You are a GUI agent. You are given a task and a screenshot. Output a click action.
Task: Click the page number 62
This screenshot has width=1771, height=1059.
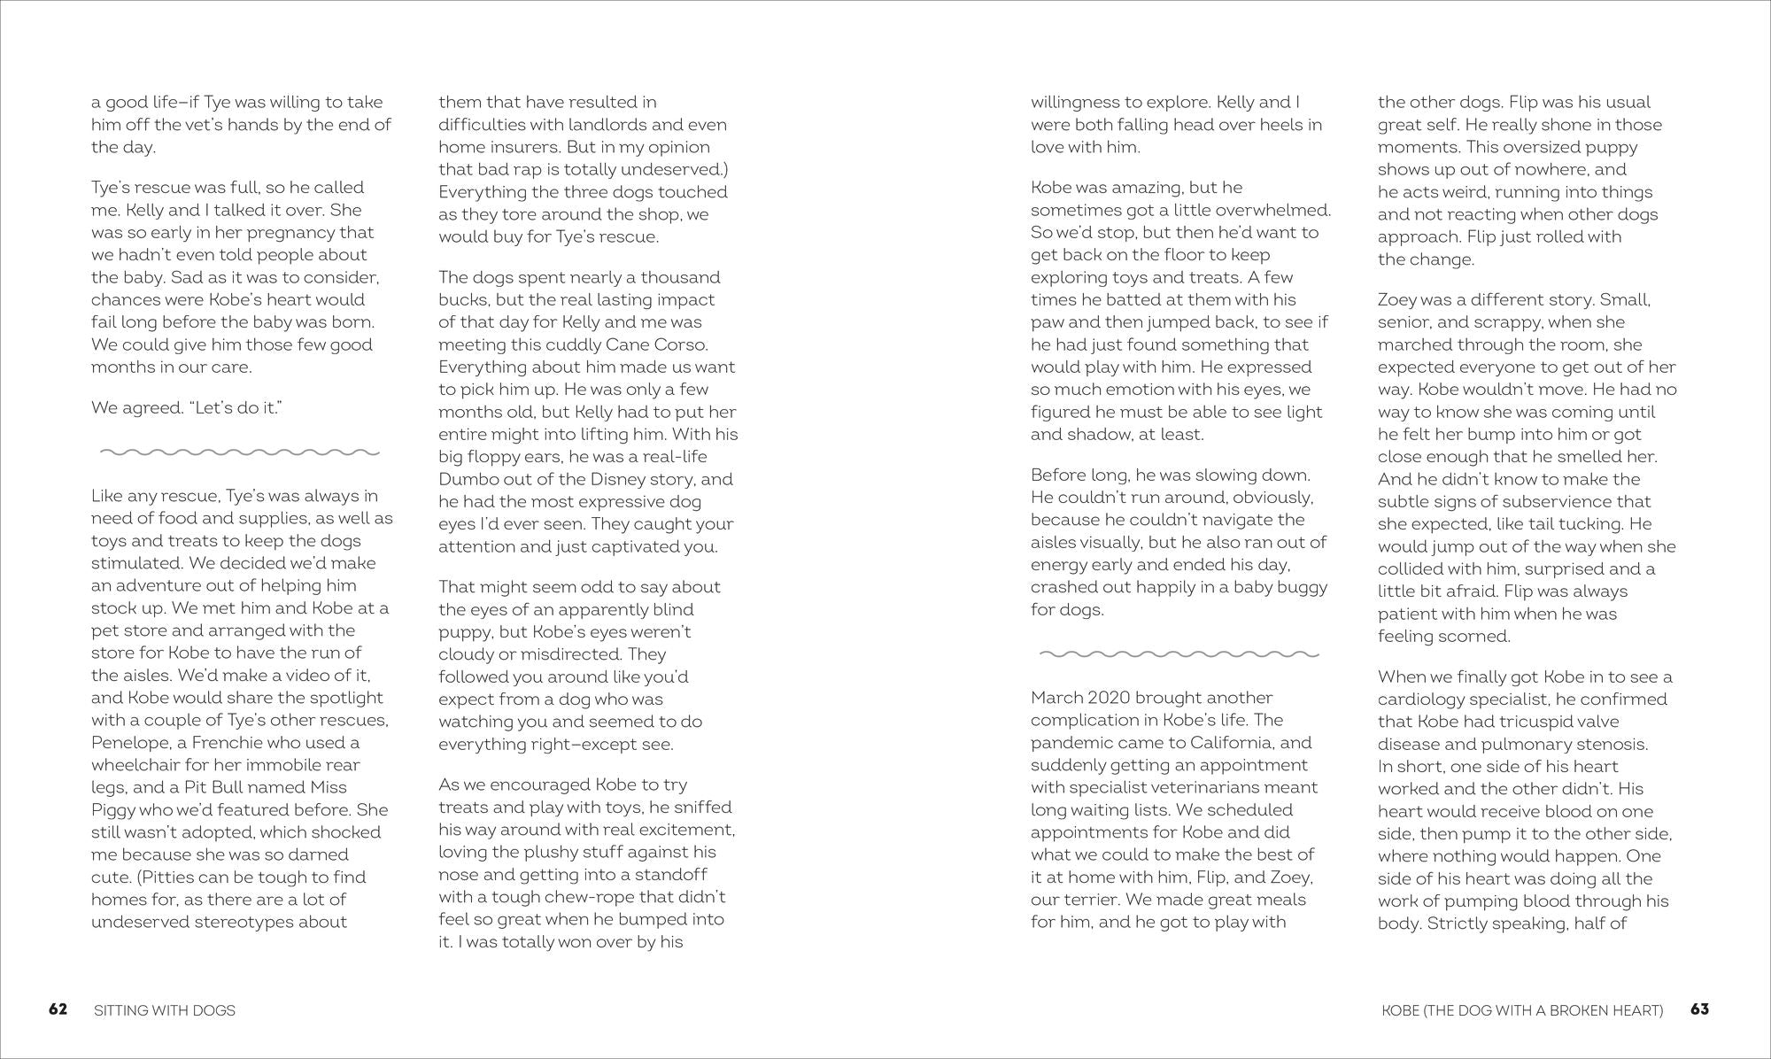[58, 1009]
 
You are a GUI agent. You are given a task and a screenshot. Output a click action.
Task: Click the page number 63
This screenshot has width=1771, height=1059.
[1699, 1009]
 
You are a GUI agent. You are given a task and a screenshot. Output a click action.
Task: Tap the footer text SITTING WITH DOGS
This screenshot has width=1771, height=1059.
[165, 1010]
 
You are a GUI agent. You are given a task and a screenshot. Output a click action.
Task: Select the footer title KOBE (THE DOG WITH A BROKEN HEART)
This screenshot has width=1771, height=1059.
[1522, 1010]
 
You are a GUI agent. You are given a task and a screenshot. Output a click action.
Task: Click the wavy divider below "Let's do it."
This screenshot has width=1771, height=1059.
[239, 452]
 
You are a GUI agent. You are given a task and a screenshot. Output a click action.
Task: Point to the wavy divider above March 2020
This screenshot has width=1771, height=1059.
[1179, 654]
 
